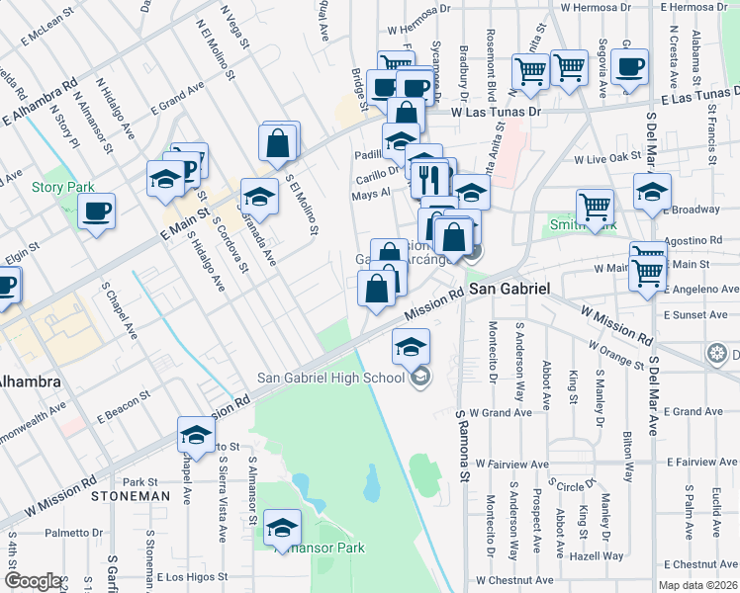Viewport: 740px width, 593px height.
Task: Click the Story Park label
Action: [62, 187]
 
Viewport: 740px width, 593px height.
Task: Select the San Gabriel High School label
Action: [331, 376]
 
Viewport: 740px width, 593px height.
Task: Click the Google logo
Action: [33, 581]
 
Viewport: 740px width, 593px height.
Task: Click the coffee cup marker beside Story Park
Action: [97, 211]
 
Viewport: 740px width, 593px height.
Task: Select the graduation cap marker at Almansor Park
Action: [283, 529]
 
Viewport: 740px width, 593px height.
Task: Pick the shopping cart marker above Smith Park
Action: [595, 206]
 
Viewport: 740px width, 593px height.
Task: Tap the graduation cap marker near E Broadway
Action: [652, 191]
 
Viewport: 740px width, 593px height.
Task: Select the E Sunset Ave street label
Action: [703, 314]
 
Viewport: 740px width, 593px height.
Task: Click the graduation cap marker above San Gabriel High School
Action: [411, 347]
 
